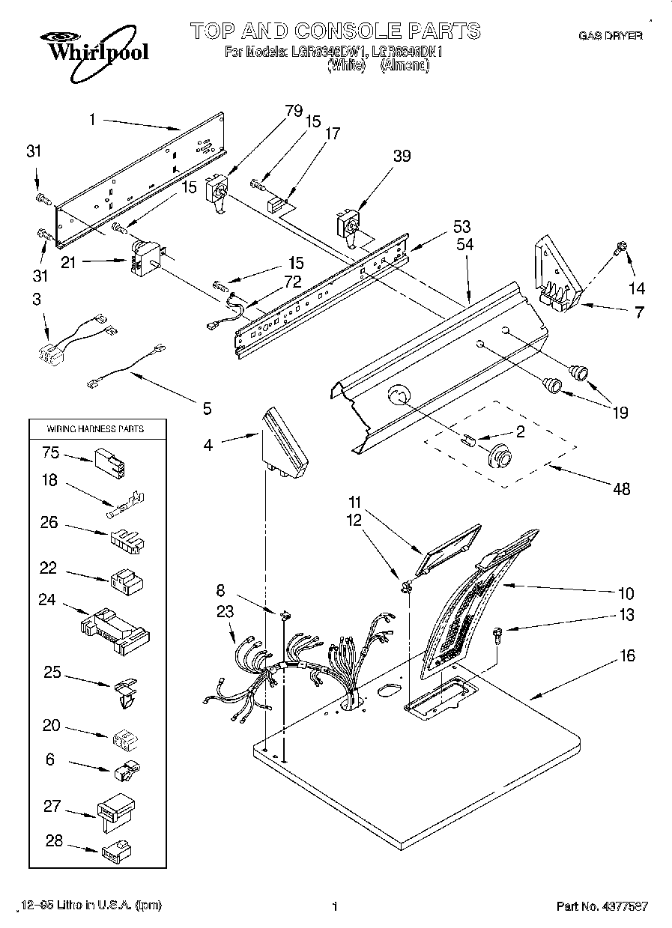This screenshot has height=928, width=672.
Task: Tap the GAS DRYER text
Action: (611, 35)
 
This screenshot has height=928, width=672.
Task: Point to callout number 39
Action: (402, 156)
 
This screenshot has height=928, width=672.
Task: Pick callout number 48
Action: (621, 489)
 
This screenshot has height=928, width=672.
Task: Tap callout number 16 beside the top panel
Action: (627, 656)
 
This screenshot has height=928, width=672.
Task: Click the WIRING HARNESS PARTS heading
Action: (95, 429)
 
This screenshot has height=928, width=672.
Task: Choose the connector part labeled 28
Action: (115, 849)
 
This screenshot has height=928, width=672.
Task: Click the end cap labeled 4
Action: (285, 446)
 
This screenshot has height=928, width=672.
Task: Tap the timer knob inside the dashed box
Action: (500, 454)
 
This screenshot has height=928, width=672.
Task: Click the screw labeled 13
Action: (498, 636)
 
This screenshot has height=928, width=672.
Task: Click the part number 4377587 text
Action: (602, 906)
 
